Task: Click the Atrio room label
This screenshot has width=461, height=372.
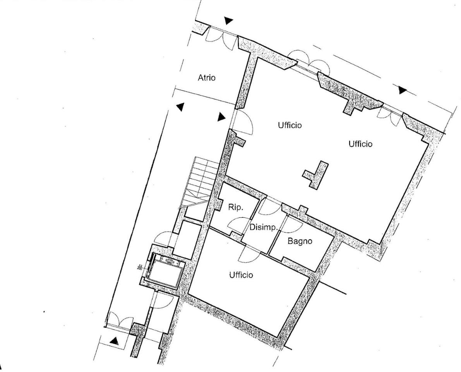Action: coord(206,78)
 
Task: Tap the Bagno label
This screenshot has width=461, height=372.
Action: coord(300,241)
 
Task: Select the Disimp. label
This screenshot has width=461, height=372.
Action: coord(264,227)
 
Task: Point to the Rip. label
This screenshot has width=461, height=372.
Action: coord(236,207)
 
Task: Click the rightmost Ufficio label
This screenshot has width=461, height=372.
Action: coord(360,144)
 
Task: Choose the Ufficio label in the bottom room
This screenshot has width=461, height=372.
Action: coord(241,275)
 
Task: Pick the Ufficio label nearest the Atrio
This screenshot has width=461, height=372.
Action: coord(290,125)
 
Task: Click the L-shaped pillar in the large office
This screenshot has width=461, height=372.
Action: coord(315,174)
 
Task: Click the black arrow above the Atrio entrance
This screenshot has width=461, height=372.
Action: coord(228,21)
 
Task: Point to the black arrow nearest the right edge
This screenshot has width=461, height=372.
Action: coord(402,90)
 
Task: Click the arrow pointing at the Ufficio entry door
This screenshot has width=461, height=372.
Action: coord(221,117)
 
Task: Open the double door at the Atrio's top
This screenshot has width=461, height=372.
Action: coord(221,35)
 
